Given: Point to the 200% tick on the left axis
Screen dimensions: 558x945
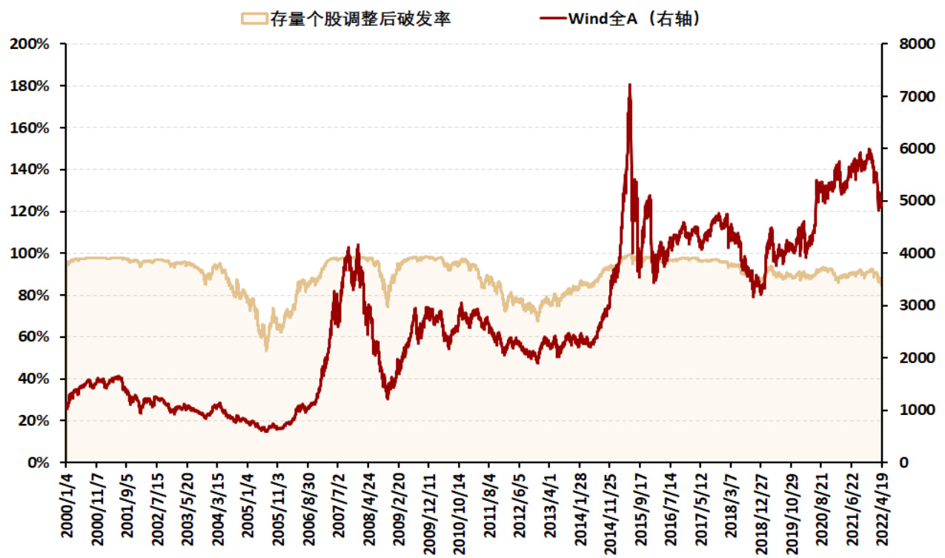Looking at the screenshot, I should [30, 44].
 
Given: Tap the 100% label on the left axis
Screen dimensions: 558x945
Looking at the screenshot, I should [30, 253].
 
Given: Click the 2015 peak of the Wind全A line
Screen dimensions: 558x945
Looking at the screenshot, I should [629, 84].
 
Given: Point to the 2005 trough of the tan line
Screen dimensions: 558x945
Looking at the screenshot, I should [266, 349].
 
